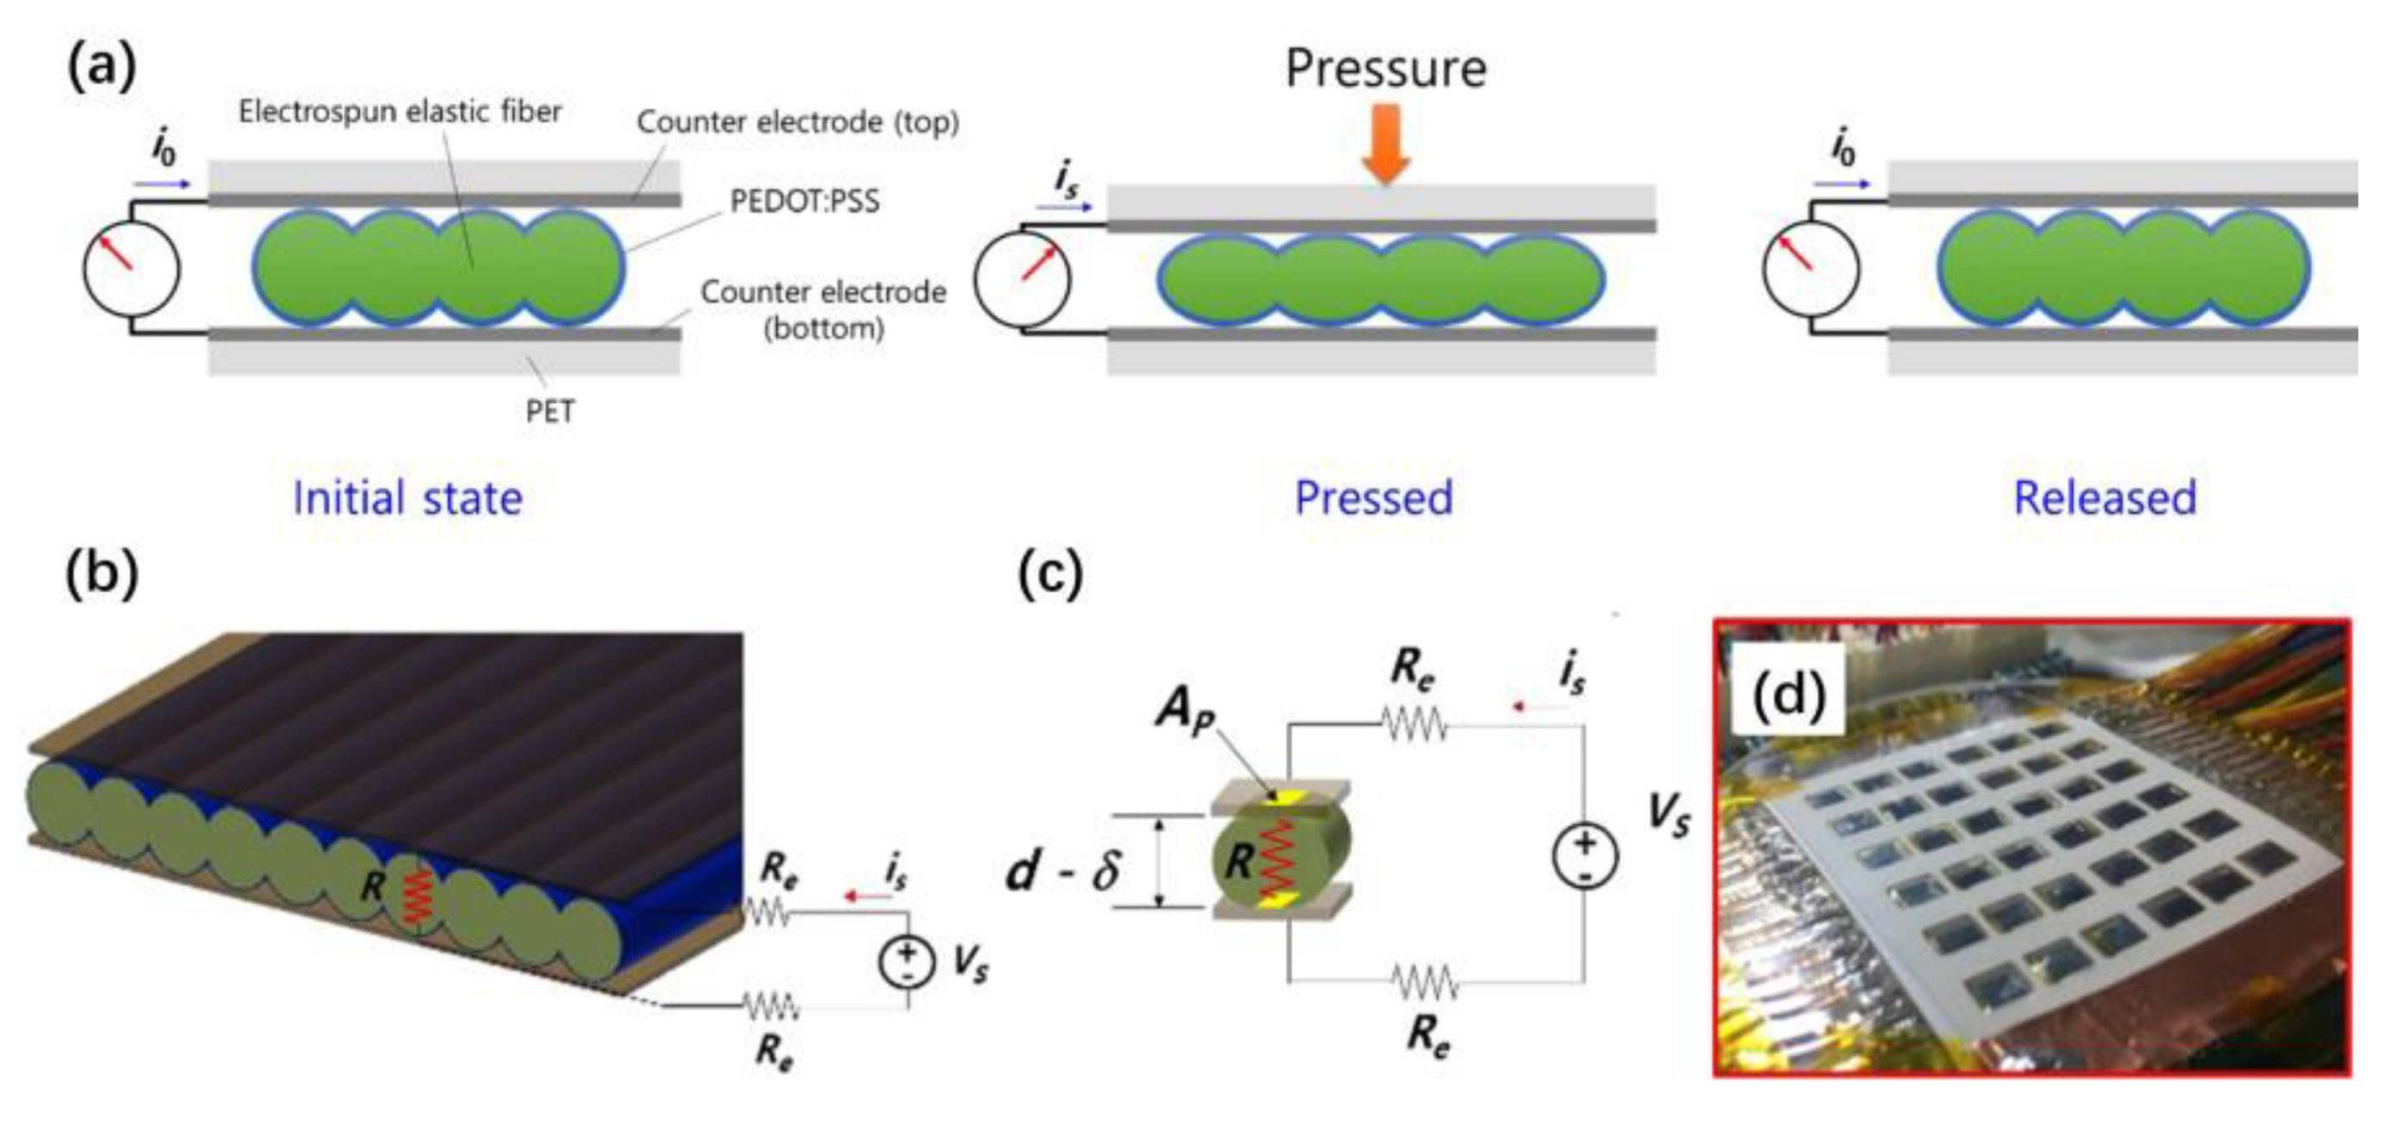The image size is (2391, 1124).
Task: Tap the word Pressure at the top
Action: pos(1385,69)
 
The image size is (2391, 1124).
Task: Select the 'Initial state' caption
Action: pos(407,498)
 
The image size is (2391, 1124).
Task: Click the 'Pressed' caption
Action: pos(1373,498)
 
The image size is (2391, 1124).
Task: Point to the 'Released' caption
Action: pos(2104,498)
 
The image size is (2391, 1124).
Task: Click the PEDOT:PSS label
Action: pos(804,201)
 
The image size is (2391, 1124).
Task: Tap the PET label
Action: pos(549,411)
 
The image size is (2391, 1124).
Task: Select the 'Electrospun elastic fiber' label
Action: pos(400,113)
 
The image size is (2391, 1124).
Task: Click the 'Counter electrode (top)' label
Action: pos(798,121)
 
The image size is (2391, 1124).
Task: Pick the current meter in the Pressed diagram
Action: pos(1022,278)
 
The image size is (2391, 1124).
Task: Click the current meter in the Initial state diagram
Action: pos(131,269)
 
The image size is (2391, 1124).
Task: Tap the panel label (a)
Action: pos(102,67)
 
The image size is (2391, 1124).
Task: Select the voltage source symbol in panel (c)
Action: pos(1585,855)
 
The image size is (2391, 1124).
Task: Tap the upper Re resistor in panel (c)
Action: pos(1415,724)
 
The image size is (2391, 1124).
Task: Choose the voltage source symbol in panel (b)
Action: pos(907,962)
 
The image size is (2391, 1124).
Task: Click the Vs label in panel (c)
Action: pos(1668,814)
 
